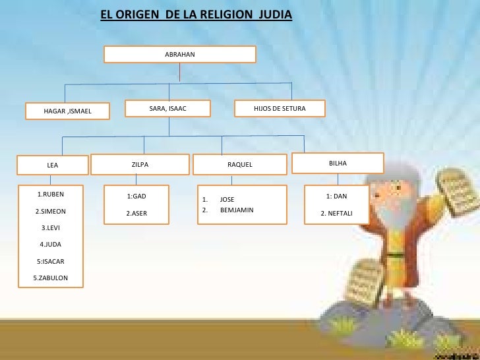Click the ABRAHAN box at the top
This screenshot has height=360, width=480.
click(180, 53)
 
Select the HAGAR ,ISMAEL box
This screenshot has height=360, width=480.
click(67, 111)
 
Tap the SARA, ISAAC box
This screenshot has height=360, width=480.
click(168, 108)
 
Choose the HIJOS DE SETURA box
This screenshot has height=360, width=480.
click(280, 108)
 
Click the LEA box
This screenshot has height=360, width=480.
click(53, 165)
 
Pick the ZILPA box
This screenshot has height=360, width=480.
click(140, 164)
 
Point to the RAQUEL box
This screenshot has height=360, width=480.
click(240, 164)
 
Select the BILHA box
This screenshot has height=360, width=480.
click(338, 162)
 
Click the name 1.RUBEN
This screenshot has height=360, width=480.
click(50, 195)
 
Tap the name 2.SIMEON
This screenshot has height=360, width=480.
click(50, 212)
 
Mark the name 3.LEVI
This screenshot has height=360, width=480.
click(51, 228)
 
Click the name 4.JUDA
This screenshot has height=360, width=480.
click(51, 245)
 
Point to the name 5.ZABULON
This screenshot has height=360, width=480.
click(50, 278)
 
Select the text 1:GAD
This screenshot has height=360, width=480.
click(136, 196)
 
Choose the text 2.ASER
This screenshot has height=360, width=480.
click(136, 213)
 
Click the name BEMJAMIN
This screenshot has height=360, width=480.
click(237, 210)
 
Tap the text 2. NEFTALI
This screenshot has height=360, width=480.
click(336, 213)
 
